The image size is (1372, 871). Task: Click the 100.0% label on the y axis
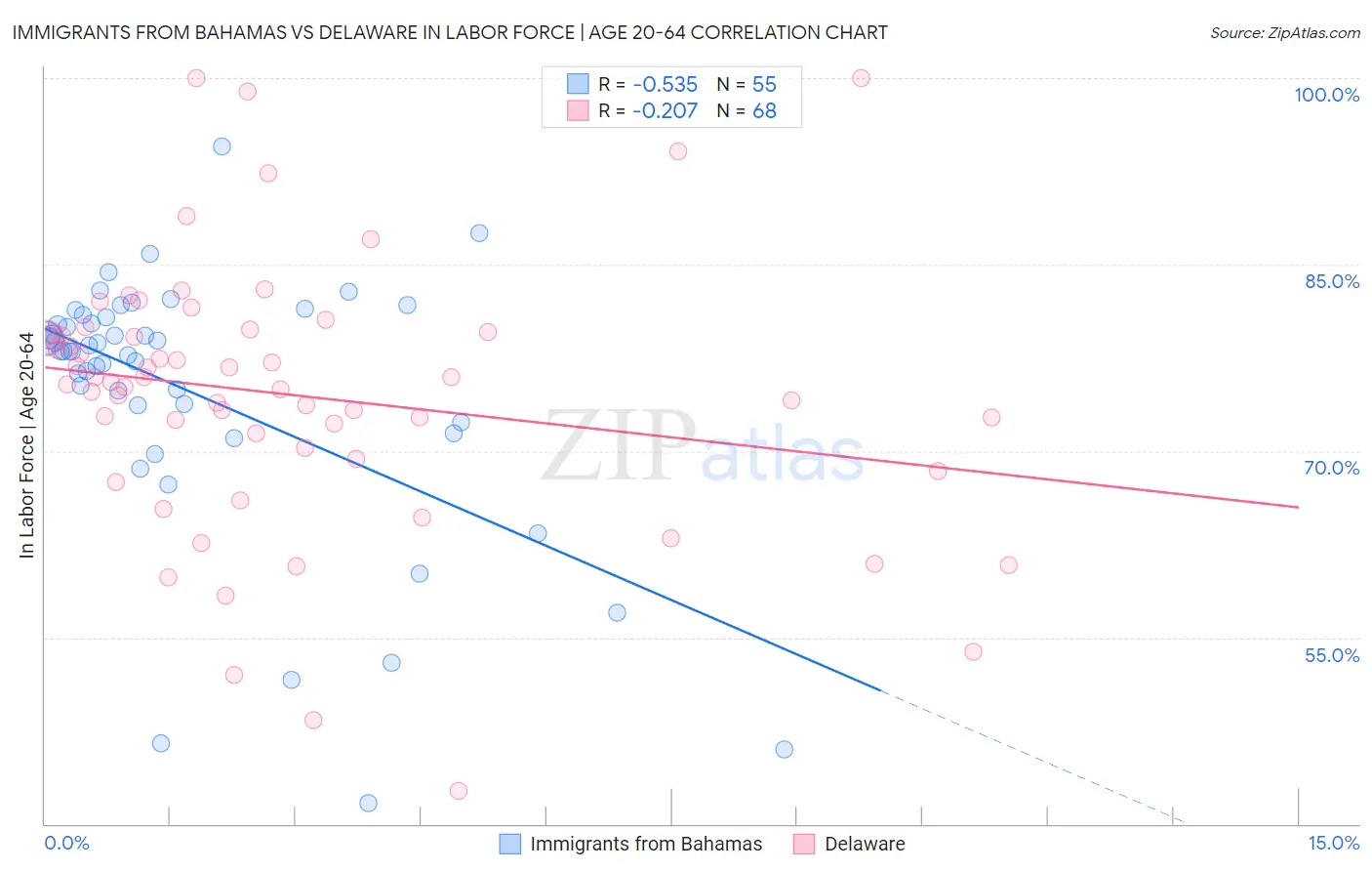click(x=1326, y=95)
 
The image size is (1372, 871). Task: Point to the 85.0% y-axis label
click(x=1331, y=281)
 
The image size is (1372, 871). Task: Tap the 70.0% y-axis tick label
click(x=1331, y=468)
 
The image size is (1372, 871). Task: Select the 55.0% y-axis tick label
click(x=1331, y=655)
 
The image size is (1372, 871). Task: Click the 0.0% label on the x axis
click(x=66, y=843)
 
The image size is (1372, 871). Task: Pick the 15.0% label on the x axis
click(x=1333, y=843)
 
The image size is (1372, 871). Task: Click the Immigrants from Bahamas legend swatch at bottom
click(x=509, y=844)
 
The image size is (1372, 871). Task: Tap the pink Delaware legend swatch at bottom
click(x=804, y=844)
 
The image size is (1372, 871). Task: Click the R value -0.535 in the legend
click(x=665, y=84)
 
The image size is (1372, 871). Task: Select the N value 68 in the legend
click(x=764, y=111)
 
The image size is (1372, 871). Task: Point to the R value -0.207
click(x=665, y=111)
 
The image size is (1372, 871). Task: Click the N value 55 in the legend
click(x=764, y=84)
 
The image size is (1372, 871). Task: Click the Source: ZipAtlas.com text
click(x=1284, y=33)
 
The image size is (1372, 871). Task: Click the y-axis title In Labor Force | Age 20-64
click(x=27, y=445)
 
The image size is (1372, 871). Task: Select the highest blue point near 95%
click(x=222, y=146)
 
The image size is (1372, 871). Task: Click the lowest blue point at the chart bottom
click(x=368, y=803)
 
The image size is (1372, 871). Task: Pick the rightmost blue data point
click(x=784, y=749)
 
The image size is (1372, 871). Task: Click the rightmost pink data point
click(x=1008, y=565)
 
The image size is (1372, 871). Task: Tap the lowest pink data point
click(x=458, y=791)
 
